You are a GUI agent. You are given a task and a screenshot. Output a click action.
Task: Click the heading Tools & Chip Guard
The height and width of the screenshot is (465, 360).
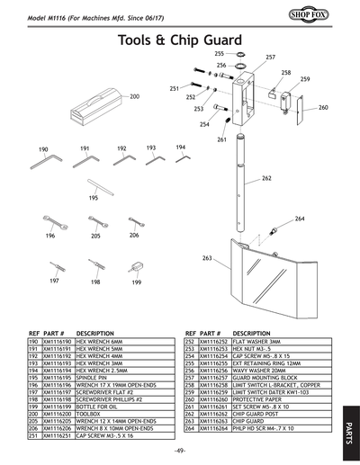point(180,40)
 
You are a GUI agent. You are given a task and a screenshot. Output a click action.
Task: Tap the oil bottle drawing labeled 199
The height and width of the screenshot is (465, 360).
point(136,267)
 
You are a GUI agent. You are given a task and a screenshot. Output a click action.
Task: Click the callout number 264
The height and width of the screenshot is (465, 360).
point(300,219)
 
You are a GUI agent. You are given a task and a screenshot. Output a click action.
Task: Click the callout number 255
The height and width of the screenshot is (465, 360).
point(219,55)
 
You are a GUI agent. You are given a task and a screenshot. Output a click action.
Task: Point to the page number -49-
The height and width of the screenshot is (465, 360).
point(180,451)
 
